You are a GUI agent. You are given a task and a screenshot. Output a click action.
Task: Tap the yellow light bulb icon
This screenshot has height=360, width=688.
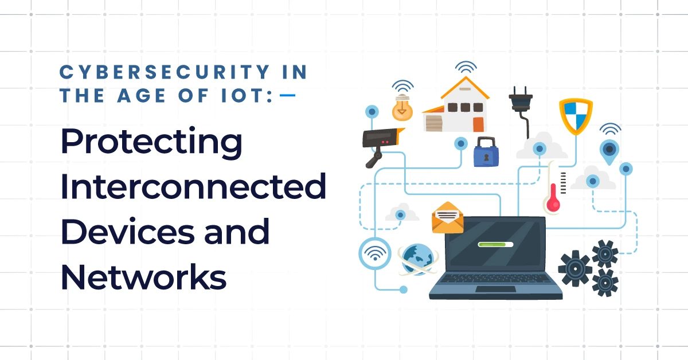click(403, 108)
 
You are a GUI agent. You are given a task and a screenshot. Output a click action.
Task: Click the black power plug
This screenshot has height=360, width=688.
click(521, 101)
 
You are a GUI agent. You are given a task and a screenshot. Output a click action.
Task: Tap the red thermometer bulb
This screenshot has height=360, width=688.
click(553, 204)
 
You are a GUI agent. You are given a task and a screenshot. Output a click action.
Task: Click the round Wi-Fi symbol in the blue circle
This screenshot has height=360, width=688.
click(375, 253)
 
